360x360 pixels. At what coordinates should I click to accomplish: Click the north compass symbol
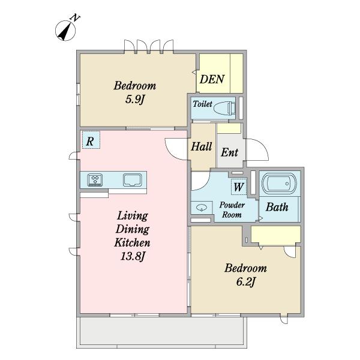(x=65, y=31)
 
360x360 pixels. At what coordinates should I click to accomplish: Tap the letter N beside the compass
(x=76, y=18)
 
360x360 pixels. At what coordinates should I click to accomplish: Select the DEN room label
(x=212, y=79)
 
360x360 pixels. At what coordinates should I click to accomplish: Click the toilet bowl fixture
(x=225, y=107)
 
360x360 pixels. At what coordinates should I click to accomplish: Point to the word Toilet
(x=203, y=104)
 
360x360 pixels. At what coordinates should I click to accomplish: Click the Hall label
(x=202, y=146)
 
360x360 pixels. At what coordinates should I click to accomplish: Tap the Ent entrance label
(x=230, y=152)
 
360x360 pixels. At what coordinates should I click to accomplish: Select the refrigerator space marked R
(x=91, y=140)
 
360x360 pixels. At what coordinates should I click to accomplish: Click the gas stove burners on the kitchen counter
(x=95, y=180)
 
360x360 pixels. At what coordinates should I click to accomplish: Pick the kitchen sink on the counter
(x=133, y=180)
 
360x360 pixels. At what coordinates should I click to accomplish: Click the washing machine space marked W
(x=239, y=187)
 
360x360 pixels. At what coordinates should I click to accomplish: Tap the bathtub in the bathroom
(x=279, y=184)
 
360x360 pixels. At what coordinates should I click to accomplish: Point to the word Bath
(x=277, y=207)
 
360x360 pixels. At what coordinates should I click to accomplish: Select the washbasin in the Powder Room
(x=202, y=208)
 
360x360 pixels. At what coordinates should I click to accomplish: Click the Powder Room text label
(x=232, y=210)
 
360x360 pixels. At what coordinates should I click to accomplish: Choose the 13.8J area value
(x=133, y=256)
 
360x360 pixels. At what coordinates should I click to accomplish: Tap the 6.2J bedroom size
(x=245, y=282)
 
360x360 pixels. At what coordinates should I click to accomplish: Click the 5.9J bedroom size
(x=135, y=100)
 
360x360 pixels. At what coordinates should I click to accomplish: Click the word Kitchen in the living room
(x=133, y=242)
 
